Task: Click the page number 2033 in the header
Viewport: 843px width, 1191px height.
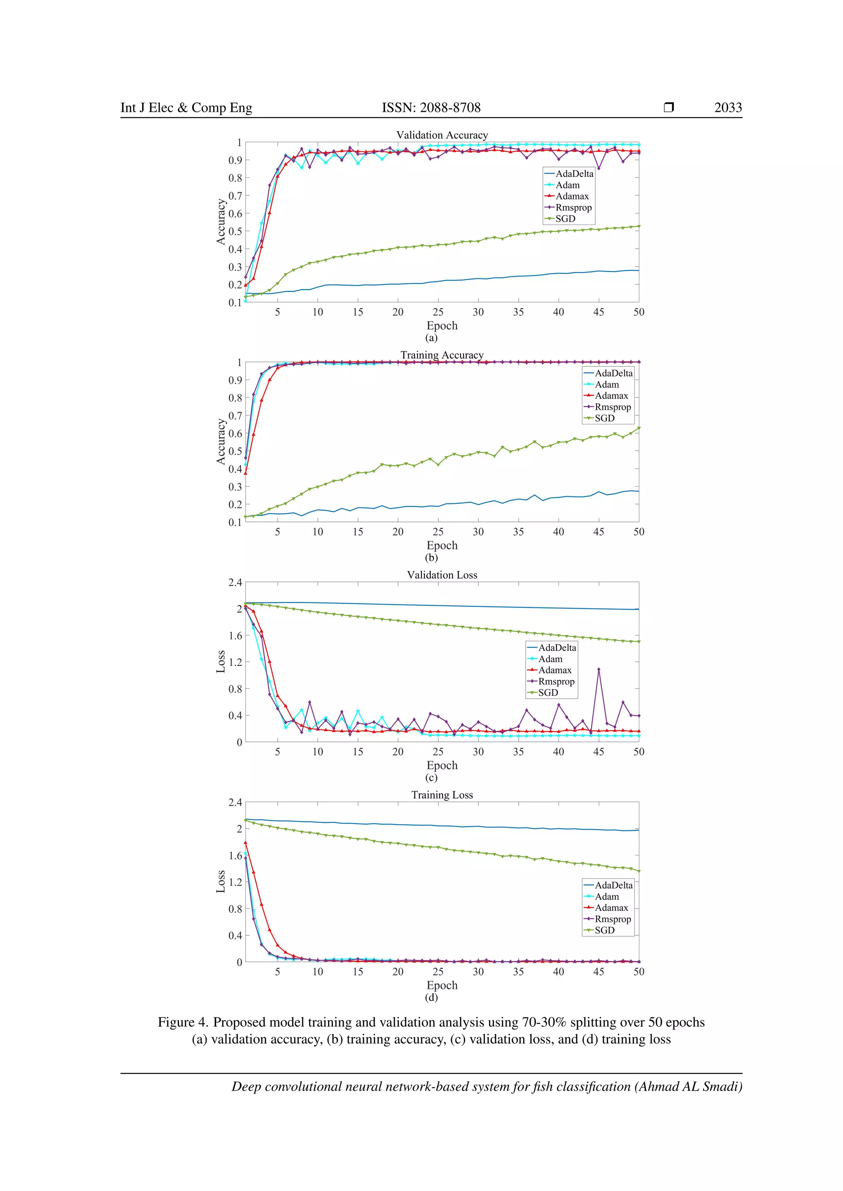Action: pyautogui.click(x=728, y=107)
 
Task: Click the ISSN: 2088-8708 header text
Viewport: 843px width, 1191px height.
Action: pyautogui.click(x=431, y=107)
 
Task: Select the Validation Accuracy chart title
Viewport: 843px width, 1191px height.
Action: pyautogui.click(x=442, y=135)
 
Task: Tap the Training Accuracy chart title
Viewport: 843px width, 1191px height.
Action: pyautogui.click(x=442, y=355)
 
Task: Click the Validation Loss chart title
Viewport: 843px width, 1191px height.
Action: pyautogui.click(x=442, y=575)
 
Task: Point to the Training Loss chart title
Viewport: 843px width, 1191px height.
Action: pyautogui.click(x=442, y=795)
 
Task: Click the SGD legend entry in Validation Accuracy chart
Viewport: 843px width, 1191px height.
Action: pyautogui.click(x=565, y=219)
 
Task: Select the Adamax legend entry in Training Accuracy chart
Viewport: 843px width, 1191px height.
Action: pyautogui.click(x=611, y=396)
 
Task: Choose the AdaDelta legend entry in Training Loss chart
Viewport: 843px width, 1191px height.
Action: pyautogui.click(x=613, y=885)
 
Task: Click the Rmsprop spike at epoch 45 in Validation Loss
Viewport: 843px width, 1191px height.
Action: pyautogui.click(x=598, y=670)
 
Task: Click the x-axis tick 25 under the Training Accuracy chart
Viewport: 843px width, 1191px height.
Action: pyautogui.click(x=438, y=532)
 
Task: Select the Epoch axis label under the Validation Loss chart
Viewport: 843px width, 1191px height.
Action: pyautogui.click(x=442, y=765)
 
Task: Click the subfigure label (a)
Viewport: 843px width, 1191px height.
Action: pyautogui.click(x=431, y=338)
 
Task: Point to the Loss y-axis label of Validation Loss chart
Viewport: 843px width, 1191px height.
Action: pyautogui.click(x=221, y=661)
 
